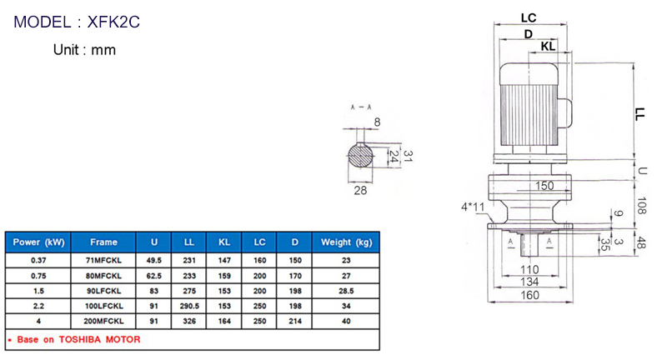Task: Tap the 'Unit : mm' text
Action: [84, 50]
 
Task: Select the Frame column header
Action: [104, 242]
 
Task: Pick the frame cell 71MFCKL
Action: [104, 260]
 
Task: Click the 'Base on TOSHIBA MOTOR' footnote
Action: [74, 339]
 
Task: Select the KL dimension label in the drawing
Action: [548, 47]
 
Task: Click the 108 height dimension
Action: [642, 202]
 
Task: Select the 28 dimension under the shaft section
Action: [361, 191]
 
